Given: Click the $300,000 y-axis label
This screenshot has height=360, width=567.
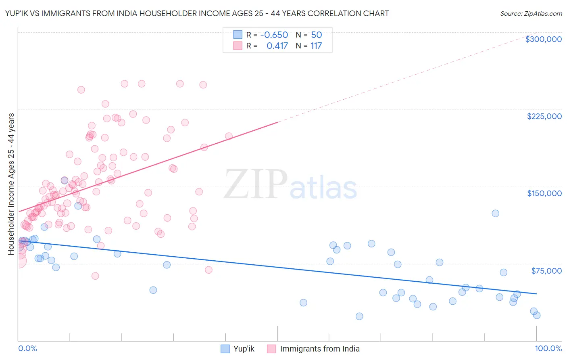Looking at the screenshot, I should click(x=543, y=39).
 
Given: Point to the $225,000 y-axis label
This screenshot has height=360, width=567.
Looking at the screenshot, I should click(x=544, y=116).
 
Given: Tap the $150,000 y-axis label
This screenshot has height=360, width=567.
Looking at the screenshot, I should click(x=544, y=193).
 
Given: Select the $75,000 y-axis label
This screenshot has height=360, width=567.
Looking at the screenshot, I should click(x=546, y=271).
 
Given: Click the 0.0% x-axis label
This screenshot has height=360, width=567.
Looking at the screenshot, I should click(x=27, y=348).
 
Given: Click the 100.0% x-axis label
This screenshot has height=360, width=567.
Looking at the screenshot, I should click(x=548, y=348).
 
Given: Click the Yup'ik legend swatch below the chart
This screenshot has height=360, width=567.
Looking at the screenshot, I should click(x=225, y=349).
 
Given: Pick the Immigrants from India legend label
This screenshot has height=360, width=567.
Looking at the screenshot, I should click(x=319, y=349).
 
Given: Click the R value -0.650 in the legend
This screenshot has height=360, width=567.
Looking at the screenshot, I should click(x=274, y=35).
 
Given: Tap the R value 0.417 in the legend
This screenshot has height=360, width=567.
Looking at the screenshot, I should click(x=277, y=46).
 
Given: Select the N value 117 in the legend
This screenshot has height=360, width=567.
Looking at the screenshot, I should click(x=316, y=46).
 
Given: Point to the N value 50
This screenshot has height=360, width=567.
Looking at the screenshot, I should click(x=316, y=35).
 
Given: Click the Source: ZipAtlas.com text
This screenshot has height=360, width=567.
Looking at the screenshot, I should click(x=531, y=13).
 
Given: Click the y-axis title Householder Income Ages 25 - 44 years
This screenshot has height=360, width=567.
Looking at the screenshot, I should click(x=11, y=184).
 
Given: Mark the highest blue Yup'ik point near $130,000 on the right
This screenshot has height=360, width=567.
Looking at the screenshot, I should click(x=495, y=213).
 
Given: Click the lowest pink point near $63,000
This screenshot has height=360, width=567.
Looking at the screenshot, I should click(x=95, y=276).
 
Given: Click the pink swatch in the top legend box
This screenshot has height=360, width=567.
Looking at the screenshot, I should click(x=238, y=46).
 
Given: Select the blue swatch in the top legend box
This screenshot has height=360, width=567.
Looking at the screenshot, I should click(x=238, y=35).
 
